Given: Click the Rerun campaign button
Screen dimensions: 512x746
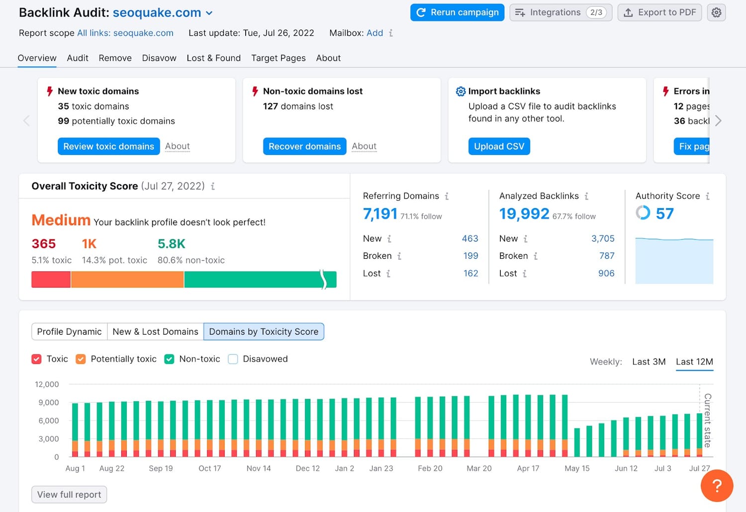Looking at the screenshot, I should pyautogui.click(x=457, y=12).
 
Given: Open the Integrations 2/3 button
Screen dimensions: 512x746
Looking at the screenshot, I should pyautogui.click(x=560, y=12).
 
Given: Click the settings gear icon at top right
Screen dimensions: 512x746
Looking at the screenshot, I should pyautogui.click(x=716, y=12).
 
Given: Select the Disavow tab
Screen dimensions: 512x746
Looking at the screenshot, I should pyautogui.click(x=159, y=58).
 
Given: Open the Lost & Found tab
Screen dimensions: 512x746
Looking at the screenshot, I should pyautogui.click(x=213, y=58).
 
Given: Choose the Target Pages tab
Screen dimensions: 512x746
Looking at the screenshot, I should pyautogui.click(x=278, y=58).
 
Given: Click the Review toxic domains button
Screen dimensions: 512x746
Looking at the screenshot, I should pyautogui.click(x=108, y=146).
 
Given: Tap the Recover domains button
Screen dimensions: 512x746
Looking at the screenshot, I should pyautogui.click(x=304, y=146).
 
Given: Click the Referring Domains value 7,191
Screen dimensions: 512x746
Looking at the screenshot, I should pyautogui.click(x=380, y=214).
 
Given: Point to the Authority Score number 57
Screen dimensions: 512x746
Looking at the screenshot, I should pyautogui.click(x=664, y=214).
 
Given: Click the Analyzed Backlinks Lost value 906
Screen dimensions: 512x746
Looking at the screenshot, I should pyautogui.click(x=606, y=273).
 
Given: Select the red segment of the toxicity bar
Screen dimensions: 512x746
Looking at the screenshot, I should pyautogui.click(x=51, y=280).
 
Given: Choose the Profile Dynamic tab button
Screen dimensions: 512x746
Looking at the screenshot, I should pyautogui.click(x=69, y=332).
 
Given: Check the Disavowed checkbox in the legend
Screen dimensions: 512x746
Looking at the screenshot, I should pyautogui.click(x=233, y=359).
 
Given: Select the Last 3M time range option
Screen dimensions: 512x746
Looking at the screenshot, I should pyautogui.click(x=649, y=362).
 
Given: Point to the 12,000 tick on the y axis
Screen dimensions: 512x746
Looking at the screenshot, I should pyautogui.click(x=47, y=384).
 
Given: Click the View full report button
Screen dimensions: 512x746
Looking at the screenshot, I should pyautogui.click(x=69, y=495).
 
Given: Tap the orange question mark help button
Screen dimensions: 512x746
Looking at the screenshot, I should pyautogui.click(x=717, y=486).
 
